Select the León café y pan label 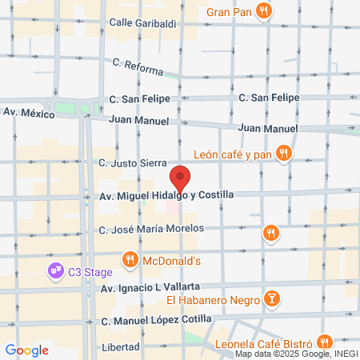tap(232, 154)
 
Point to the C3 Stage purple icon tap(55, 272)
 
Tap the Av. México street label tap(29, 114)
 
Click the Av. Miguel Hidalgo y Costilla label tap(166, 195)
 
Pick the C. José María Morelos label tap(152, 229)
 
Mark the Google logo tap(26, 350)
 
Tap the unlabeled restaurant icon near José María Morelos tap(271, 233)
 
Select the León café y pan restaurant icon tap(282, 154)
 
